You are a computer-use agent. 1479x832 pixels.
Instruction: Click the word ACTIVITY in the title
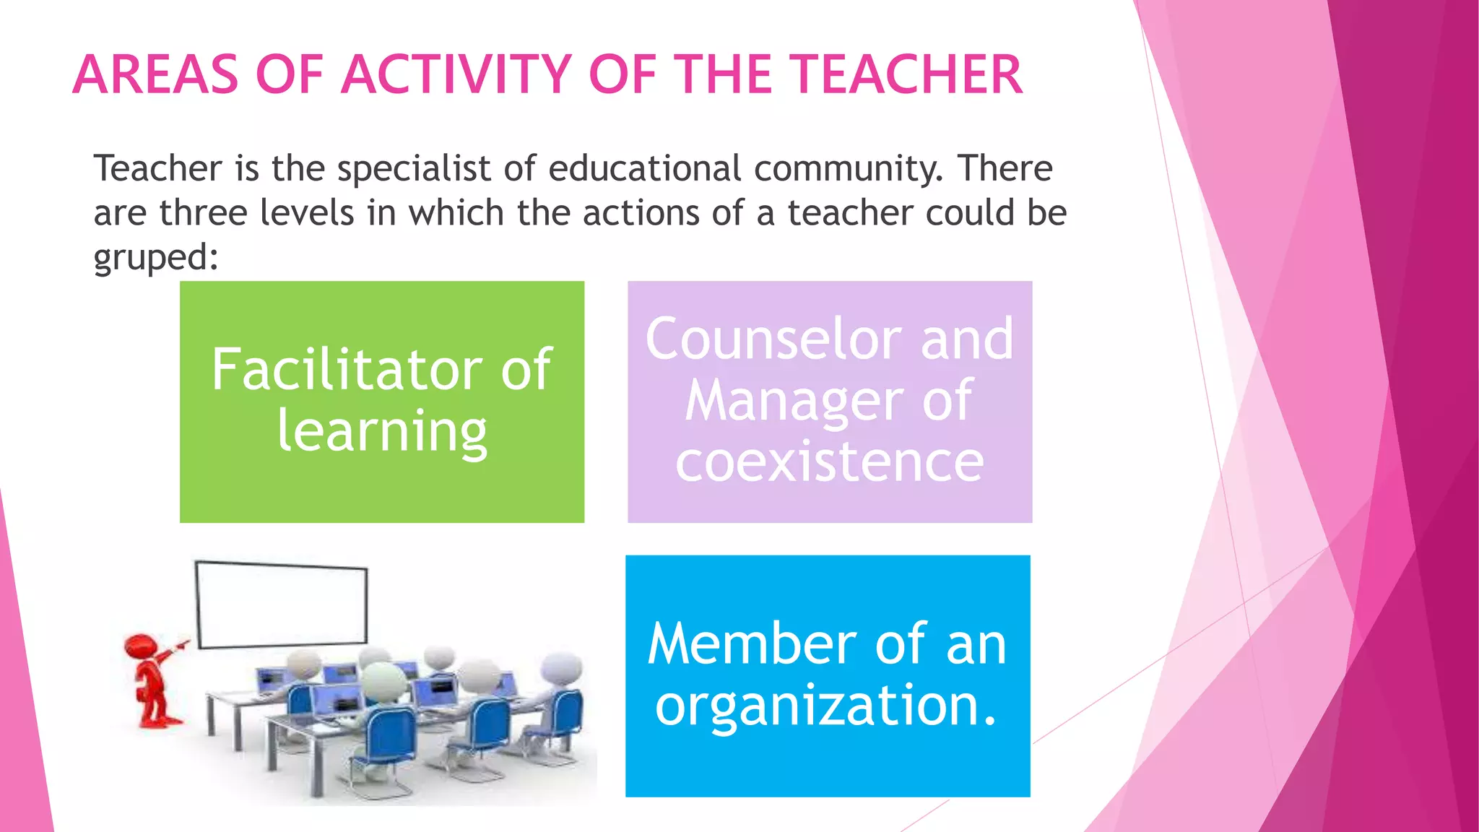tap(456, 74)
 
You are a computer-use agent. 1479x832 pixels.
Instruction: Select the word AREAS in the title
tap(155, 74)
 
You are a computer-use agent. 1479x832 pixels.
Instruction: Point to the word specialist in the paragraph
tap(414, 169)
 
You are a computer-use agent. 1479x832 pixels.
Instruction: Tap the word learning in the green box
tap(382, 432)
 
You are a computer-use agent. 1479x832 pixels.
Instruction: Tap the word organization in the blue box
tap(818, 706)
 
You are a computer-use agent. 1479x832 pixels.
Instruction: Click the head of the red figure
tap(139, 645)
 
